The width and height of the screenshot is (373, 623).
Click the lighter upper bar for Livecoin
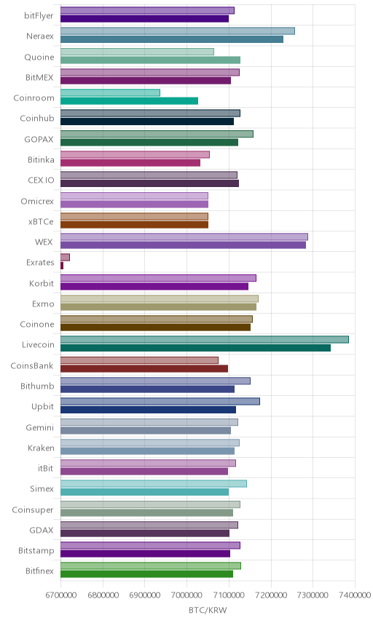[x=205, y=340]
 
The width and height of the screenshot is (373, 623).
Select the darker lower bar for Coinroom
[x=129, y=101]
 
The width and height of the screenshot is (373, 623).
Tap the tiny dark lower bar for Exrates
[x=62, y=266]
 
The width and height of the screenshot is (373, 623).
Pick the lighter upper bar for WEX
[x=184, y=237]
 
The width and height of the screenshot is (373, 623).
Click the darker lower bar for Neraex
[x=172, y=39]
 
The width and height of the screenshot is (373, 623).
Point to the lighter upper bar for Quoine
[x=137, y=52]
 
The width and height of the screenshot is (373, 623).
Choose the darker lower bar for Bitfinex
[x=146, y=574]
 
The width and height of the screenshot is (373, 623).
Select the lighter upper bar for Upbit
[x=160, y=401]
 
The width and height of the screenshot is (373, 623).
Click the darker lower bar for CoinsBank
[x=144, y=368]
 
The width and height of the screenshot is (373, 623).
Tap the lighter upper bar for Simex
[x=154, y=483]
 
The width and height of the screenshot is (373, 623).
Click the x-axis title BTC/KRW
[x=208, y=610]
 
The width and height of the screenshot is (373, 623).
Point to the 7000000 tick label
[x=187, y=595]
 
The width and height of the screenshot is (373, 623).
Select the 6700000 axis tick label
[x=61, y=595]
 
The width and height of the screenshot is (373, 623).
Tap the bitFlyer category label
[x=39, y=16]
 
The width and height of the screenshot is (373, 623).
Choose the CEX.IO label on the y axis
[x=41, y=180]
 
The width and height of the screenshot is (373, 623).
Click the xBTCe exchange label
[x=41, y=221]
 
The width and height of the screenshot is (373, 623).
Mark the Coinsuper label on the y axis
[x=33, y=509]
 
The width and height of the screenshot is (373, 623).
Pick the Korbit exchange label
[x=42, y=283]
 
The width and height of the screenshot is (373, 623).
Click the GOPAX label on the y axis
[x=39, y=139]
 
